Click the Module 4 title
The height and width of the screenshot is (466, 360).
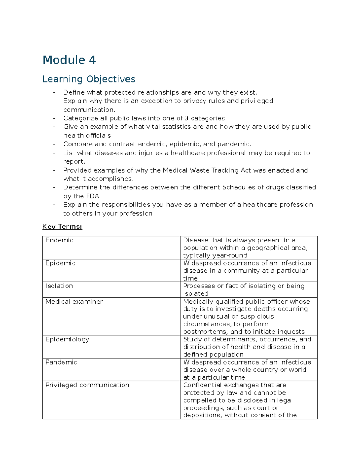click(69, 60)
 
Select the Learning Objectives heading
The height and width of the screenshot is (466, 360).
click(89, 79)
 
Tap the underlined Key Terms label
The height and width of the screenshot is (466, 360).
click(62, 227)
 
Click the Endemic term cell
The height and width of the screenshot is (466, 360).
click(59, 240)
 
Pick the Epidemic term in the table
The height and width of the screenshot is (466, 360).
click(60, 263)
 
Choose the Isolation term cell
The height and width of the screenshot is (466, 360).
click(59, 286)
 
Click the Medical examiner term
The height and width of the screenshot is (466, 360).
click(74, 302)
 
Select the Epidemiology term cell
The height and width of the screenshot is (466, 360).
click(67, 339)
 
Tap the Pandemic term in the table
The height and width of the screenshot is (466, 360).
click(61, 362)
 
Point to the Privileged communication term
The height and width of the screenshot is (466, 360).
click(87, 385)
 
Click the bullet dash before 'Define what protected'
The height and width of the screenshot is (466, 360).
click(54, 92)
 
